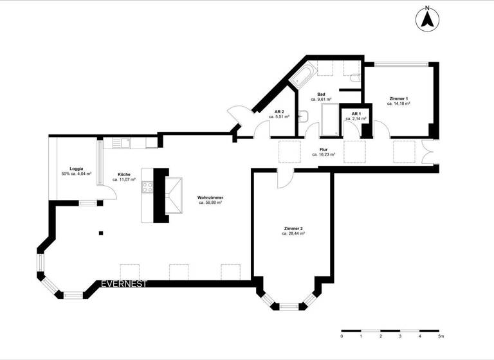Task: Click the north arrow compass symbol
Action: point(426,19)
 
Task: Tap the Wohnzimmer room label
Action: point(210,197)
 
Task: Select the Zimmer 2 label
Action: point(293,229)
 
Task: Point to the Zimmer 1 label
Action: point(398,98)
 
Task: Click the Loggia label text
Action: point(76,168)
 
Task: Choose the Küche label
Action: point(123,174)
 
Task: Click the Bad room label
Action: point(321,94)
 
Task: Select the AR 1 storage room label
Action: point(355,114)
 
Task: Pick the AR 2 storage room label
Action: point(279,112)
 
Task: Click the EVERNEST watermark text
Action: point(124,283)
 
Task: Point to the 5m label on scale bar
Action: point(441,336)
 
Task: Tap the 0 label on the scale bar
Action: point(342,336)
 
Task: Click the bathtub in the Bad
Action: point(302,75)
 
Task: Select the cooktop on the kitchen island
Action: point(147,188)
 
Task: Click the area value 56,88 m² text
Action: point(210,203)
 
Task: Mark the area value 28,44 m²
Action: point(293,234)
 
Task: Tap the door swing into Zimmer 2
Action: point(283,180)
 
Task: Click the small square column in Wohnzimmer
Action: point(100,233)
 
